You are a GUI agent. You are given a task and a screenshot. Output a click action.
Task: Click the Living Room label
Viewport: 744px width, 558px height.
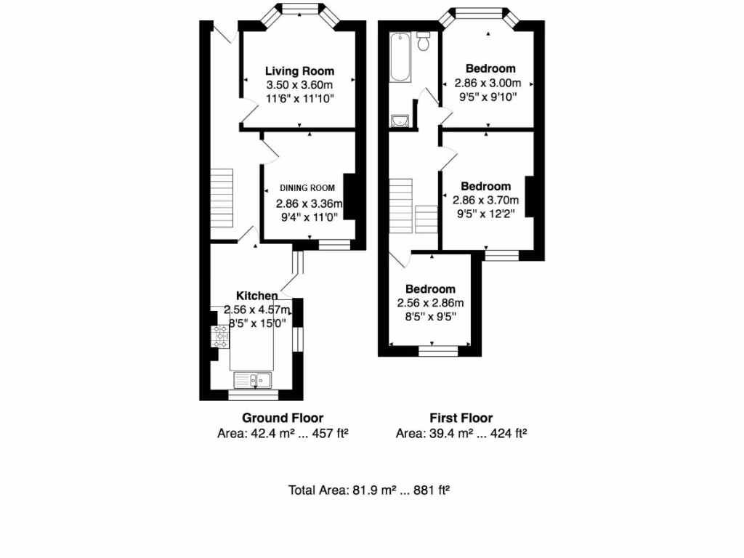tap(299, 71)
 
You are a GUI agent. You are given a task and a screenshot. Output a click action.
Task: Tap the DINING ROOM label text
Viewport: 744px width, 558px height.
tap(307, 187)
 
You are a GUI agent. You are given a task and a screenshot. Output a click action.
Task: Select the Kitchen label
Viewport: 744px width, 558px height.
tap(256, 296)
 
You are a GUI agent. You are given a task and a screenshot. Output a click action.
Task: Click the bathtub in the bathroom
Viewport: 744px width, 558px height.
tap(400, 58)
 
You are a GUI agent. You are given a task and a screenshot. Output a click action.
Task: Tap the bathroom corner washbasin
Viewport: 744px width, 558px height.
tap(398, 121)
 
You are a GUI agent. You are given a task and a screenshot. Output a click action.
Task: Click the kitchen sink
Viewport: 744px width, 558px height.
tap(252, 379)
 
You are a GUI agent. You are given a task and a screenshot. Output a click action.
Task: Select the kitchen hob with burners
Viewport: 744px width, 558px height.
tap(220, 336)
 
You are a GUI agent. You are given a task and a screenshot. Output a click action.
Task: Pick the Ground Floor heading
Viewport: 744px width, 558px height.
tap(283, 418)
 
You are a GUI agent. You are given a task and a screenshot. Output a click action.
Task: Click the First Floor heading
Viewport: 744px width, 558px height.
tap(461, 418)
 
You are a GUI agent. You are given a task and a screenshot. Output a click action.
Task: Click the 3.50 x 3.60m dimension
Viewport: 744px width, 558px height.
tap(299, 84)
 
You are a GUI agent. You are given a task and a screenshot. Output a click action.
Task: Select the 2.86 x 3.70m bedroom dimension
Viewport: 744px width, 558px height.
tap(486, 201)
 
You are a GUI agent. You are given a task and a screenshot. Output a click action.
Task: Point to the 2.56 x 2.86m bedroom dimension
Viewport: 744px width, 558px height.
tap(430, 303)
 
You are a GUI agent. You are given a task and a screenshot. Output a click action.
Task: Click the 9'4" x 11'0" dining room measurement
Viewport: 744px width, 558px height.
tap(307, 217)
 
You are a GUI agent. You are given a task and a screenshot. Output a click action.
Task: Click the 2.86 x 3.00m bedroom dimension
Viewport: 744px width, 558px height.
tap(485, 83)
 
